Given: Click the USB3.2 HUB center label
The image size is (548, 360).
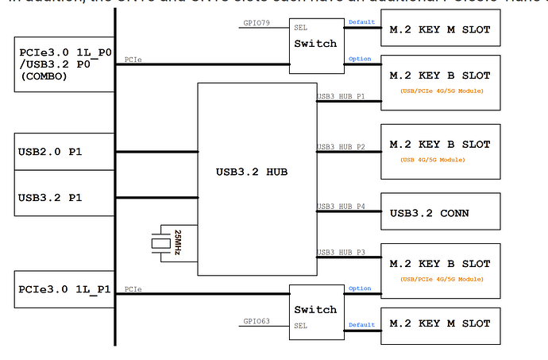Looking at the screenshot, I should tap(257, 171).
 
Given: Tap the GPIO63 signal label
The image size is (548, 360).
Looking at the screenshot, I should tap(257, 322).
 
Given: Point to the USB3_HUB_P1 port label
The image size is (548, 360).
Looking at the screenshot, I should tap(341, 97).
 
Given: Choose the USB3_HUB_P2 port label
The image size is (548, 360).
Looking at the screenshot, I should tap(341, 147).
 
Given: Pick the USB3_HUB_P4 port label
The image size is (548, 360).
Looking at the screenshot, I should tap(341, 207).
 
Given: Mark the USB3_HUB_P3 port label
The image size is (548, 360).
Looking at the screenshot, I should tap(341, 253).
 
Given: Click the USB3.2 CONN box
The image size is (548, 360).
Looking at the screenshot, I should tap(440, 212).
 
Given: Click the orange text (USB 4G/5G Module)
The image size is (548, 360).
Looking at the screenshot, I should tap(439, 160).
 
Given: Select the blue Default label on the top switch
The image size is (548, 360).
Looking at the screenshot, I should tap(362, 21).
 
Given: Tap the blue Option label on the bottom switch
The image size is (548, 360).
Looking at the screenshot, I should tap(360, 288).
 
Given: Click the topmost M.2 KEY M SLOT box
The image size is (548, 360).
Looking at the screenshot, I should tap(440, 30).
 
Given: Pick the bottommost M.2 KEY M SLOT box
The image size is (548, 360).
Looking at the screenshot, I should tap(440, 324).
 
